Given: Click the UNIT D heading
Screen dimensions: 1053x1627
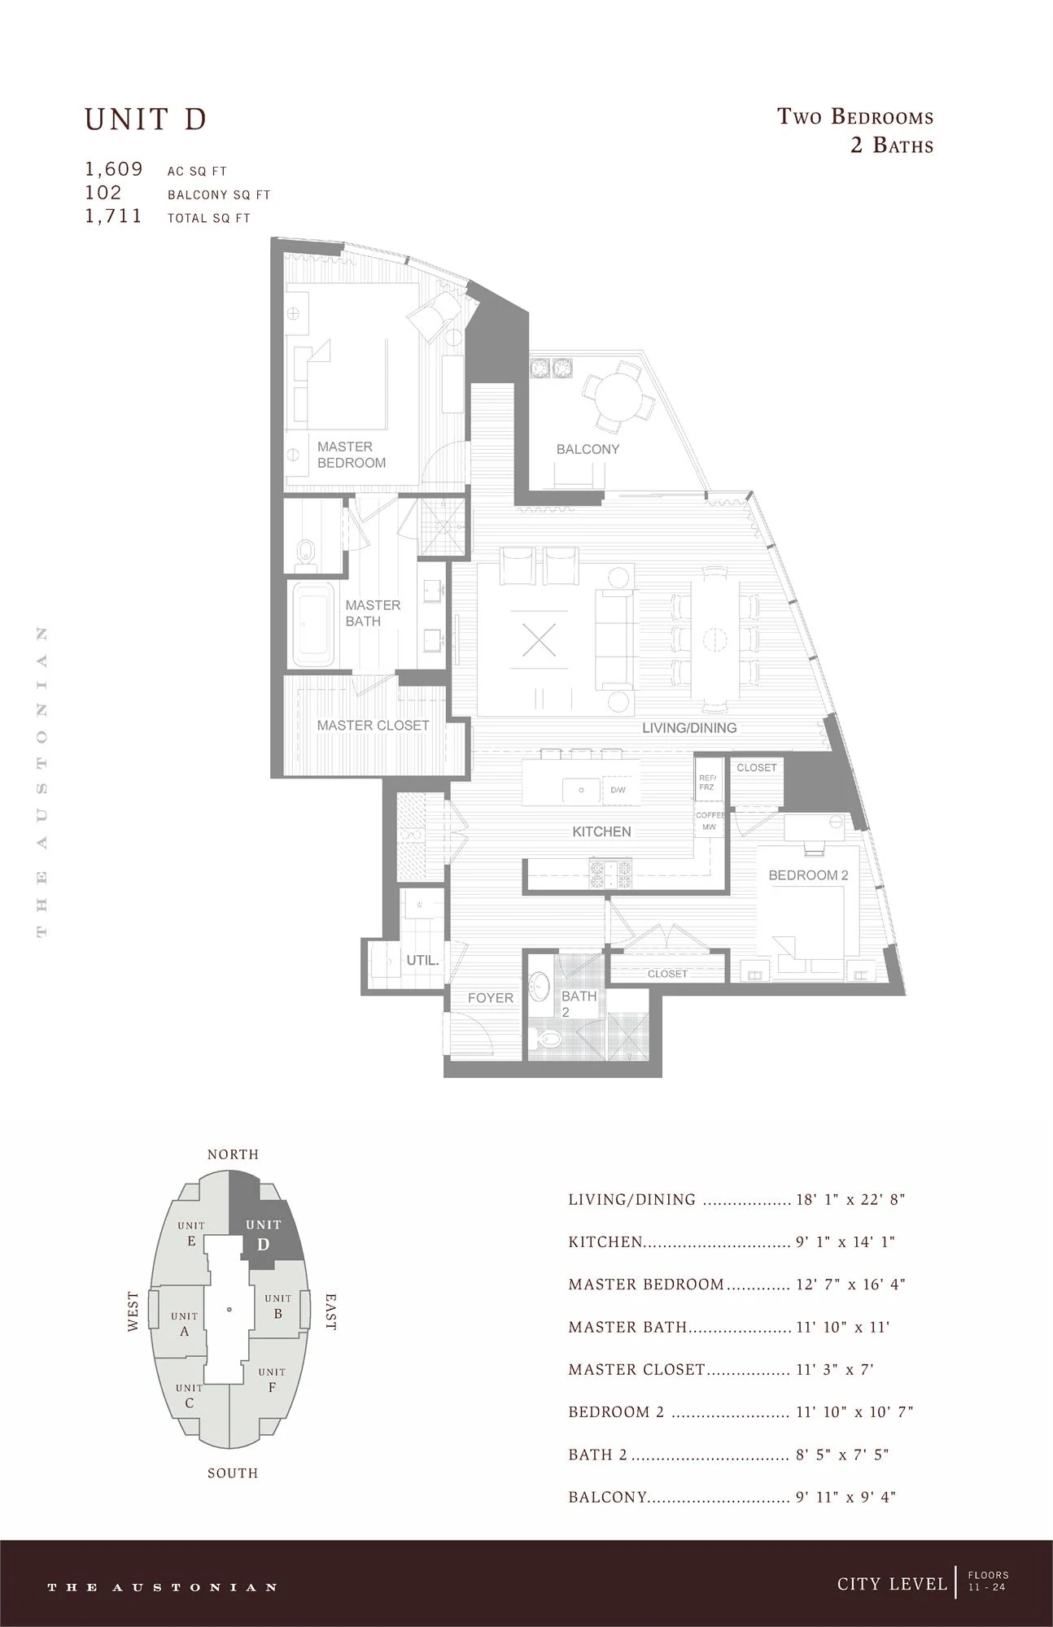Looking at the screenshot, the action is (x=146, y=120).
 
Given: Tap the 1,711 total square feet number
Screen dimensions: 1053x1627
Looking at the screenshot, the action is (x=114, y=216).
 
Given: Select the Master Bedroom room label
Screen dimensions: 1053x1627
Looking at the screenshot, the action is (x=352, y=455).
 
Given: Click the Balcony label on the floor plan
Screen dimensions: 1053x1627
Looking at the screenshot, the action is (x=588, y=449).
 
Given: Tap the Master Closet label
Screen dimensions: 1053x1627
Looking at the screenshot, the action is (x=373, y=725).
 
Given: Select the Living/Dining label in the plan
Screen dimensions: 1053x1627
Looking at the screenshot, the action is (x=689, y=728).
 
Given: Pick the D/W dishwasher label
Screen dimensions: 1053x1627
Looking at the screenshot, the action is (x=618, y=790).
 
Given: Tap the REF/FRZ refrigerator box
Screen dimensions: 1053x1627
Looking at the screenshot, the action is (x=707, y=782).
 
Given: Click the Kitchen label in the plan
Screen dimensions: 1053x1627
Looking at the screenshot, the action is (x=601, y=831).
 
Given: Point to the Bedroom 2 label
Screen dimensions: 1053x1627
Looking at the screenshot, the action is (x=808, y=875).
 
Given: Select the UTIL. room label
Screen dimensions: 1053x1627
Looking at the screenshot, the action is (x=422, y=960).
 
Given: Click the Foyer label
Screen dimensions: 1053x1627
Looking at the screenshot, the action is (x=490, y=998).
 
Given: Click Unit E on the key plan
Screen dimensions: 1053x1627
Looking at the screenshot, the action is (x=191, y=1233).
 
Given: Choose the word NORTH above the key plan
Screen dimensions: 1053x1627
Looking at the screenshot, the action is (x=233, y=1154).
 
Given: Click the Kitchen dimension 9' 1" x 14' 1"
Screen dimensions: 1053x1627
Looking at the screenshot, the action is (x=845, y=1242).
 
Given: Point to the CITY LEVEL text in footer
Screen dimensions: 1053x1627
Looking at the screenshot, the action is (x=892, y=1583).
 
